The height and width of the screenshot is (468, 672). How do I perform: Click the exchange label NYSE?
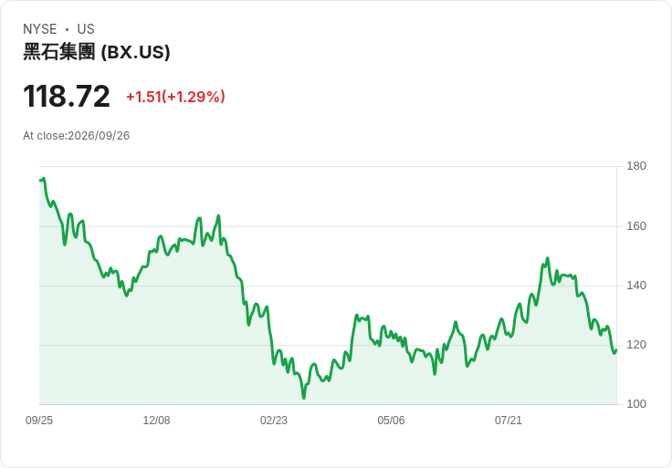coord(40,29)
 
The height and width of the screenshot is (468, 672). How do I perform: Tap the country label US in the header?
coord(86,29)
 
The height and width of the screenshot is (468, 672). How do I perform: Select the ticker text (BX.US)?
coord(135,52)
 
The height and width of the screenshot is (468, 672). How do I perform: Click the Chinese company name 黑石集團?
coord(58,52)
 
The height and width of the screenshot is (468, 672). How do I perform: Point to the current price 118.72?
coord(67,96)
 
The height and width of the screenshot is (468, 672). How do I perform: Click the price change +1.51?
coord(143,97)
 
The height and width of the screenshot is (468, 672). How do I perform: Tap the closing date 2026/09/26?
coord(99,136)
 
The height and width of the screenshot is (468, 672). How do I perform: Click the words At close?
coord(44,136)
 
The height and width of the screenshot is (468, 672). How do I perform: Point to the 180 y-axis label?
coord(636,166)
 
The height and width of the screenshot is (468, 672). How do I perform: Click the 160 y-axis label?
coord(636,226)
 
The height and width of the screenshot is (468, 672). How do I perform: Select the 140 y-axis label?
coord(636,286)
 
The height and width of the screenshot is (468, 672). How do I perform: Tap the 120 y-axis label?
coord(636,345)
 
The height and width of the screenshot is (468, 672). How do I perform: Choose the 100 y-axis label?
coord(636,404)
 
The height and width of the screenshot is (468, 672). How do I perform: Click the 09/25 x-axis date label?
coord(39,421)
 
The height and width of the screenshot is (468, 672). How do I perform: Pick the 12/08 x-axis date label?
coord(156,421)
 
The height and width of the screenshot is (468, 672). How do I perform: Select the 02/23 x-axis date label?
coord(273,421)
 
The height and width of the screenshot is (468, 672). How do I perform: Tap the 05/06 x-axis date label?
coord(391,421)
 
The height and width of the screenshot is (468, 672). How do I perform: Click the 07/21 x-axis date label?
coord(509,421)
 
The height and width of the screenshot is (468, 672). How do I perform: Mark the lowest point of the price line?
coord(304,398)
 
